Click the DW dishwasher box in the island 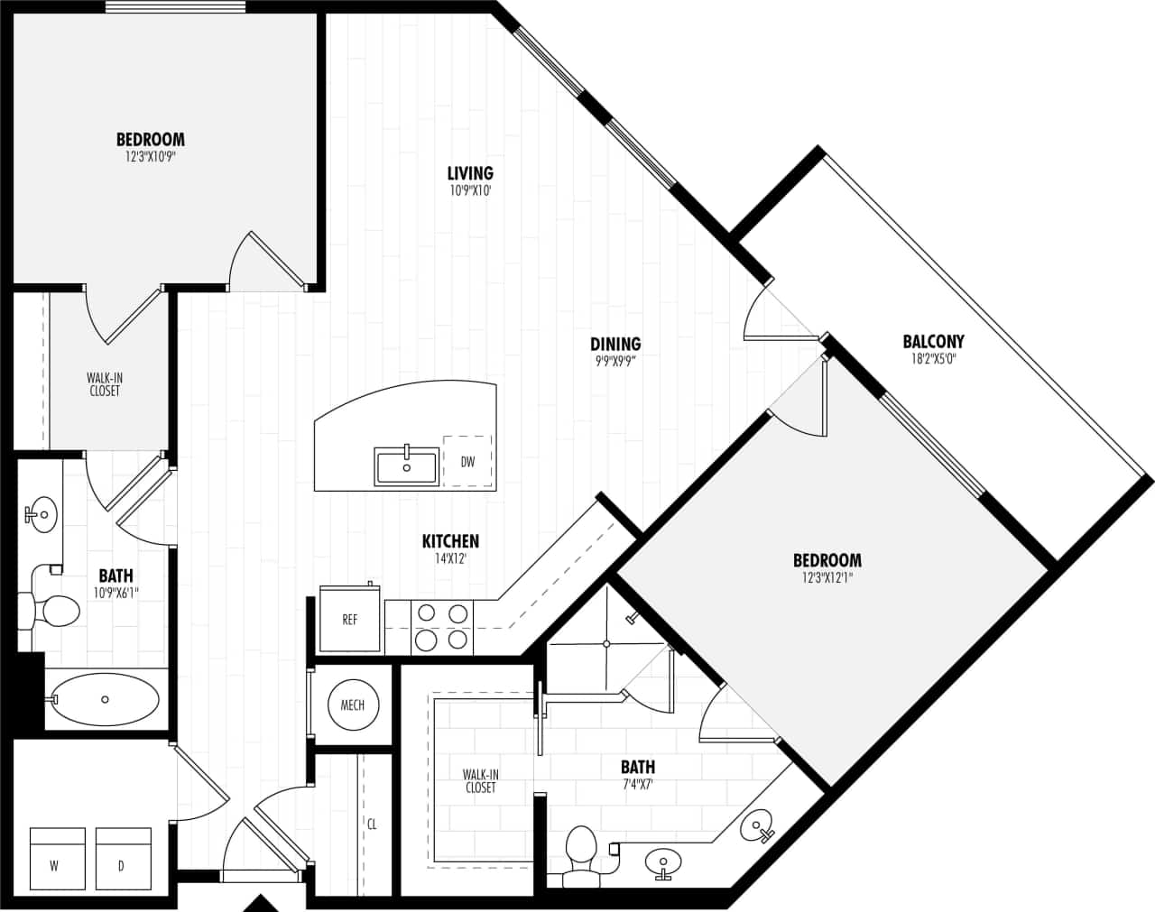point(467,462)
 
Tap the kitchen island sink point(407,467)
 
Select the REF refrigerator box point(349,620)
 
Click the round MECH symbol point(353,705)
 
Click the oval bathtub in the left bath point(105,699)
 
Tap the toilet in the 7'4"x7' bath point(580,851)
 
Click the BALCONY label point(933,341)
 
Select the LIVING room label point(470,173)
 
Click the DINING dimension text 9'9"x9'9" point(615,361)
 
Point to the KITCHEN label point(450,541)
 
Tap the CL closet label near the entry point(372,824)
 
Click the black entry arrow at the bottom point(262,903)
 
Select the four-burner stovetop point(442,627)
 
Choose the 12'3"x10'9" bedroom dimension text point(151,157)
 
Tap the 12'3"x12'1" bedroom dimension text point(827,577)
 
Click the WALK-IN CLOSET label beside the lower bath point(480,781)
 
